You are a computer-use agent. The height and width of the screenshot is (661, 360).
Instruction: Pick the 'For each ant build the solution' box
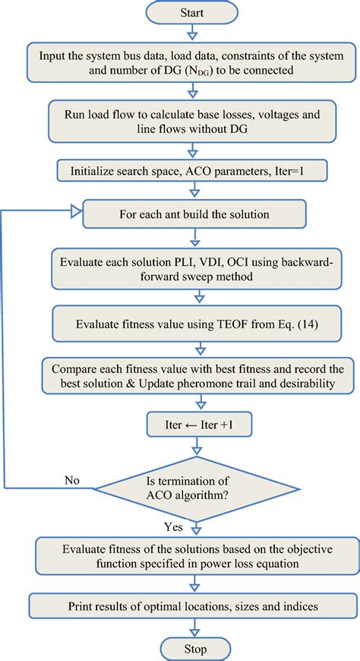click(x=197, y=215)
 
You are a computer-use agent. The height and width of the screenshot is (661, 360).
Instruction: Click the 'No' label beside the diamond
click(x=71, y=479)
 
